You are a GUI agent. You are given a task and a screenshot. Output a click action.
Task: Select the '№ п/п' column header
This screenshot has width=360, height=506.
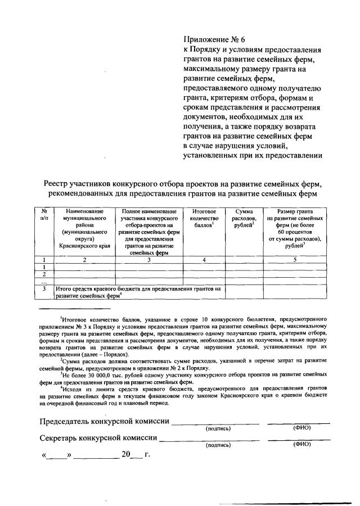pos(44,213)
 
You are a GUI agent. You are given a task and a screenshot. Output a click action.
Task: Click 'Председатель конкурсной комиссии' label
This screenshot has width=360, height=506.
pos(103,422)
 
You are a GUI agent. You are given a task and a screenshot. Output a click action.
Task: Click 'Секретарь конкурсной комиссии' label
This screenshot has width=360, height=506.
pos(98,438)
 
